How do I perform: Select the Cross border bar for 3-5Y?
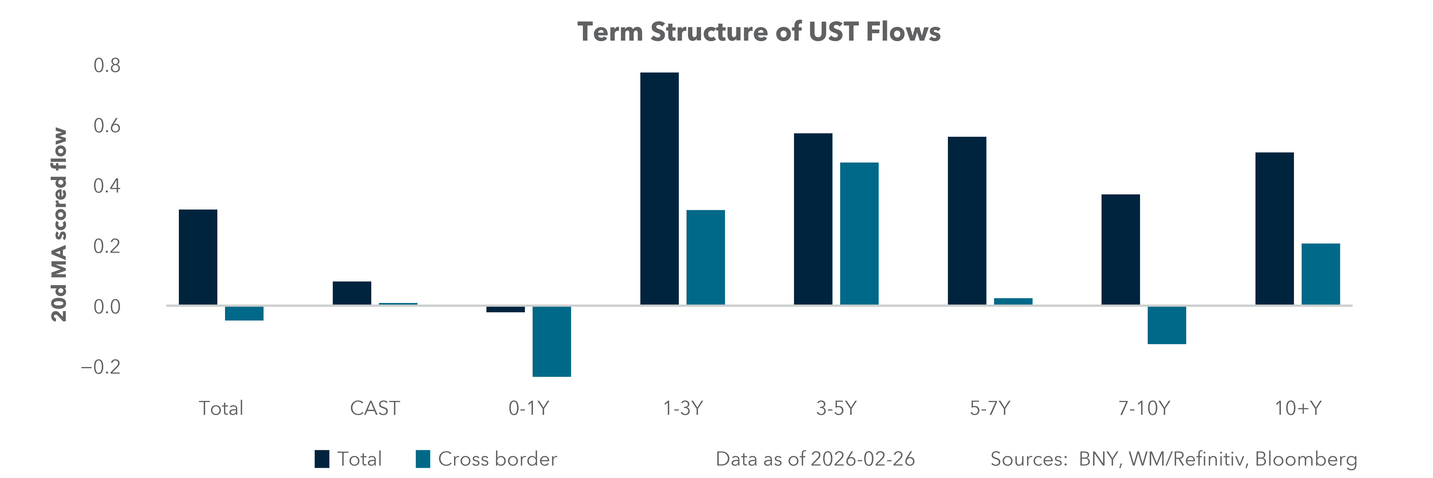click(859, 234)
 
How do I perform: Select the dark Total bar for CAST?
click(352, 293)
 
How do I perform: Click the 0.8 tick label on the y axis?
click(107, 66)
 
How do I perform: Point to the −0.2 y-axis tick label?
click(101, 367)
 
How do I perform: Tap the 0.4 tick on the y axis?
click(107, 186)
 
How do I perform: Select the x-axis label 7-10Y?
click(1144, 408)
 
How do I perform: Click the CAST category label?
click(374, 408)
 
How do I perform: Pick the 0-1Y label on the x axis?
click(528, 408)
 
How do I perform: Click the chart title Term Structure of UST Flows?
click(759, 32)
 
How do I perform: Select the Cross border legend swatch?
click(423, 459)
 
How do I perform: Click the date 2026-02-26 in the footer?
click(862, 459)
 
